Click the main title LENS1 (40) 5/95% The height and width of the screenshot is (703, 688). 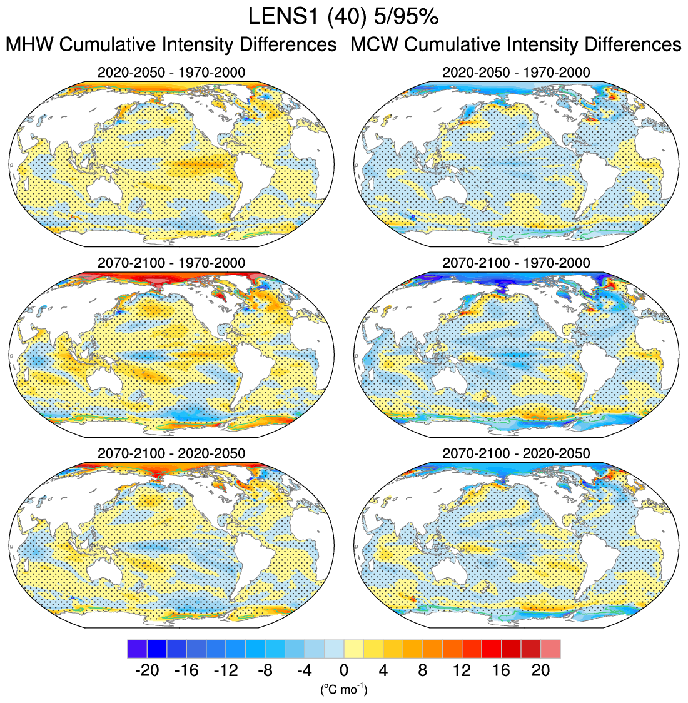[x=343, y=17]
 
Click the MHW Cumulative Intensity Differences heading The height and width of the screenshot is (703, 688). [x=171, y=45]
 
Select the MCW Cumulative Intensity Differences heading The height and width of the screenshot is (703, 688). [x=516, y=45]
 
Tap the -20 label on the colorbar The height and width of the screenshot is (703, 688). [x=147, y=670]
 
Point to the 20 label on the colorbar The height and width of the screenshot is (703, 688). [x=540, y=670]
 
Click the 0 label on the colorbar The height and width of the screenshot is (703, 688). [x=344, y=670]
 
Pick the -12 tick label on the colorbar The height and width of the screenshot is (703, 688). [x=226, y=670]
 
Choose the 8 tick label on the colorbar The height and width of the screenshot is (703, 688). [x=423, y=670]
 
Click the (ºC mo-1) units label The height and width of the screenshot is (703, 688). [x=343, y=690]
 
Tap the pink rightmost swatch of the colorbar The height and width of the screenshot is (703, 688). [x=551, y=649]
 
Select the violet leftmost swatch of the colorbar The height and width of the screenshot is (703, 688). [x=137, y=649]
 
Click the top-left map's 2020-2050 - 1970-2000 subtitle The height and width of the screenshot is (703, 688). [x=171, y=73]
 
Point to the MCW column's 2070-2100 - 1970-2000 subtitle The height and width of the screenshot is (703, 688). [x=516, y=263]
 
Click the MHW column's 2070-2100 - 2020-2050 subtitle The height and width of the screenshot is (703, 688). [x=171, y=453]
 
